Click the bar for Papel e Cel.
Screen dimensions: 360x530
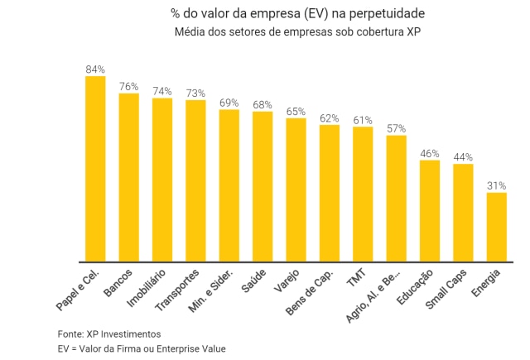coord(95,169)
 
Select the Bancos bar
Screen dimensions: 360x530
coord(128,178)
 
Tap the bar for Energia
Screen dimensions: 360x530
coord(496,227)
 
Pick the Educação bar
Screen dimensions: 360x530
coord(429,211)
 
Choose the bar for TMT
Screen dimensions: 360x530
coord(363,194)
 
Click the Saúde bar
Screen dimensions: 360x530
coord(263,187)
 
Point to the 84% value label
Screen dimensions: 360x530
coord(95,70)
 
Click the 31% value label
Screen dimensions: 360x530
coord(496,186)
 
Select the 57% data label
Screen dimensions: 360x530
coord(396,128)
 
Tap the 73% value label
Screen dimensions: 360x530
coord(195,93)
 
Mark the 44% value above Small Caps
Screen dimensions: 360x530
coord(463,157)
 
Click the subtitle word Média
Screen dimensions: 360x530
coord(190,32)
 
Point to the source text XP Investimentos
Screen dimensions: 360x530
coord(123,334)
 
